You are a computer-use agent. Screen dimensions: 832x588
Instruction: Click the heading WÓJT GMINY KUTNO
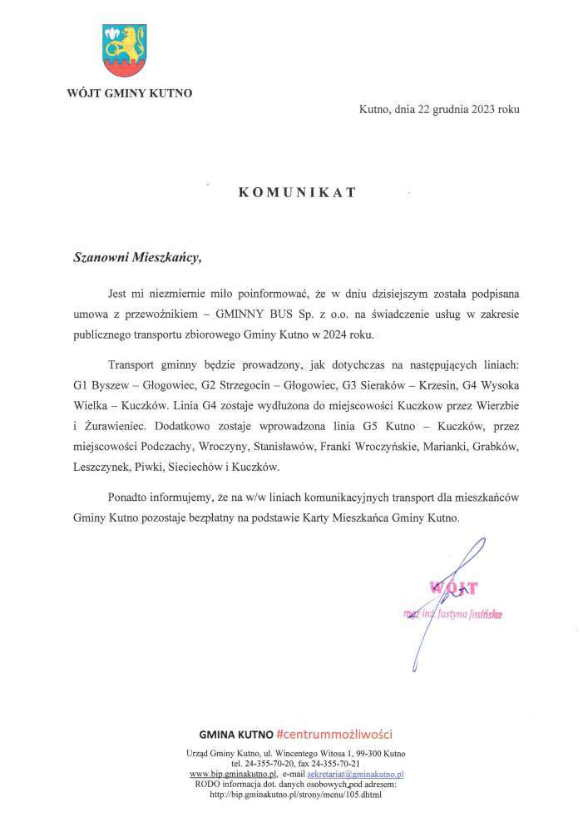point(129,93)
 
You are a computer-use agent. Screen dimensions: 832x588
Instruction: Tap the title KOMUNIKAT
point(297,192)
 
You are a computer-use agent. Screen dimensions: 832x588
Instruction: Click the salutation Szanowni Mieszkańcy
point(136,258)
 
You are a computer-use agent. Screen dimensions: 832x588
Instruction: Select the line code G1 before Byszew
point(81,386)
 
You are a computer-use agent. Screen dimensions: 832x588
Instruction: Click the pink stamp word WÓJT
point(452,589)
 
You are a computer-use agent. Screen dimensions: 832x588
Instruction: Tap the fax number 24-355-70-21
point(332,763)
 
